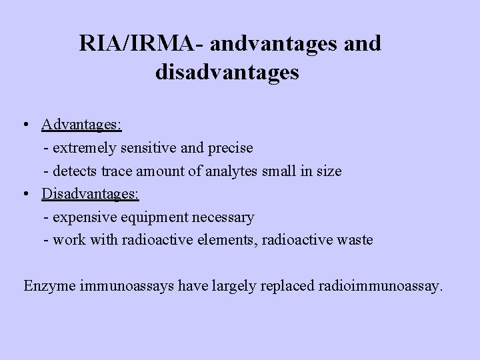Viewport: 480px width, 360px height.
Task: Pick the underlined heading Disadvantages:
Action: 90,193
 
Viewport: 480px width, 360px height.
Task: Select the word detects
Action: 75,171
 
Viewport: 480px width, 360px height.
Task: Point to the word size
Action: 328,171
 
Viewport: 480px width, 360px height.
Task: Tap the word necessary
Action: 221,217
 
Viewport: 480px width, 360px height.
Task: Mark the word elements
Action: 229,240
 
